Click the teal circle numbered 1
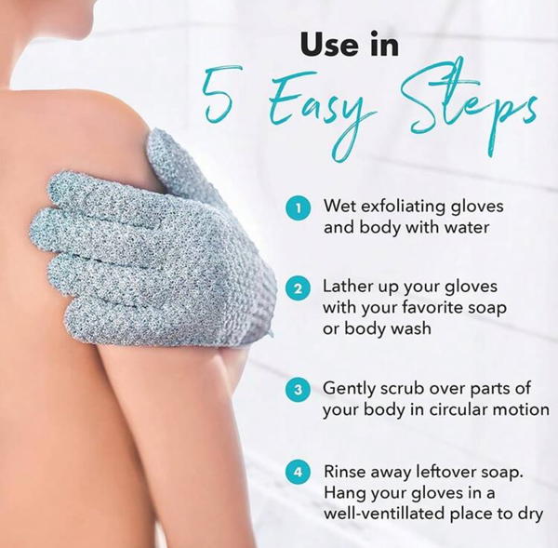point(299,207)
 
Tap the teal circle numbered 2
point(299,287)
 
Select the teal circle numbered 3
point(299,389)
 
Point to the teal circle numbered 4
point(299,473)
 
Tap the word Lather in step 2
point(349,286)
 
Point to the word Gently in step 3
point(350,389)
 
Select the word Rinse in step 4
point(345,472)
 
